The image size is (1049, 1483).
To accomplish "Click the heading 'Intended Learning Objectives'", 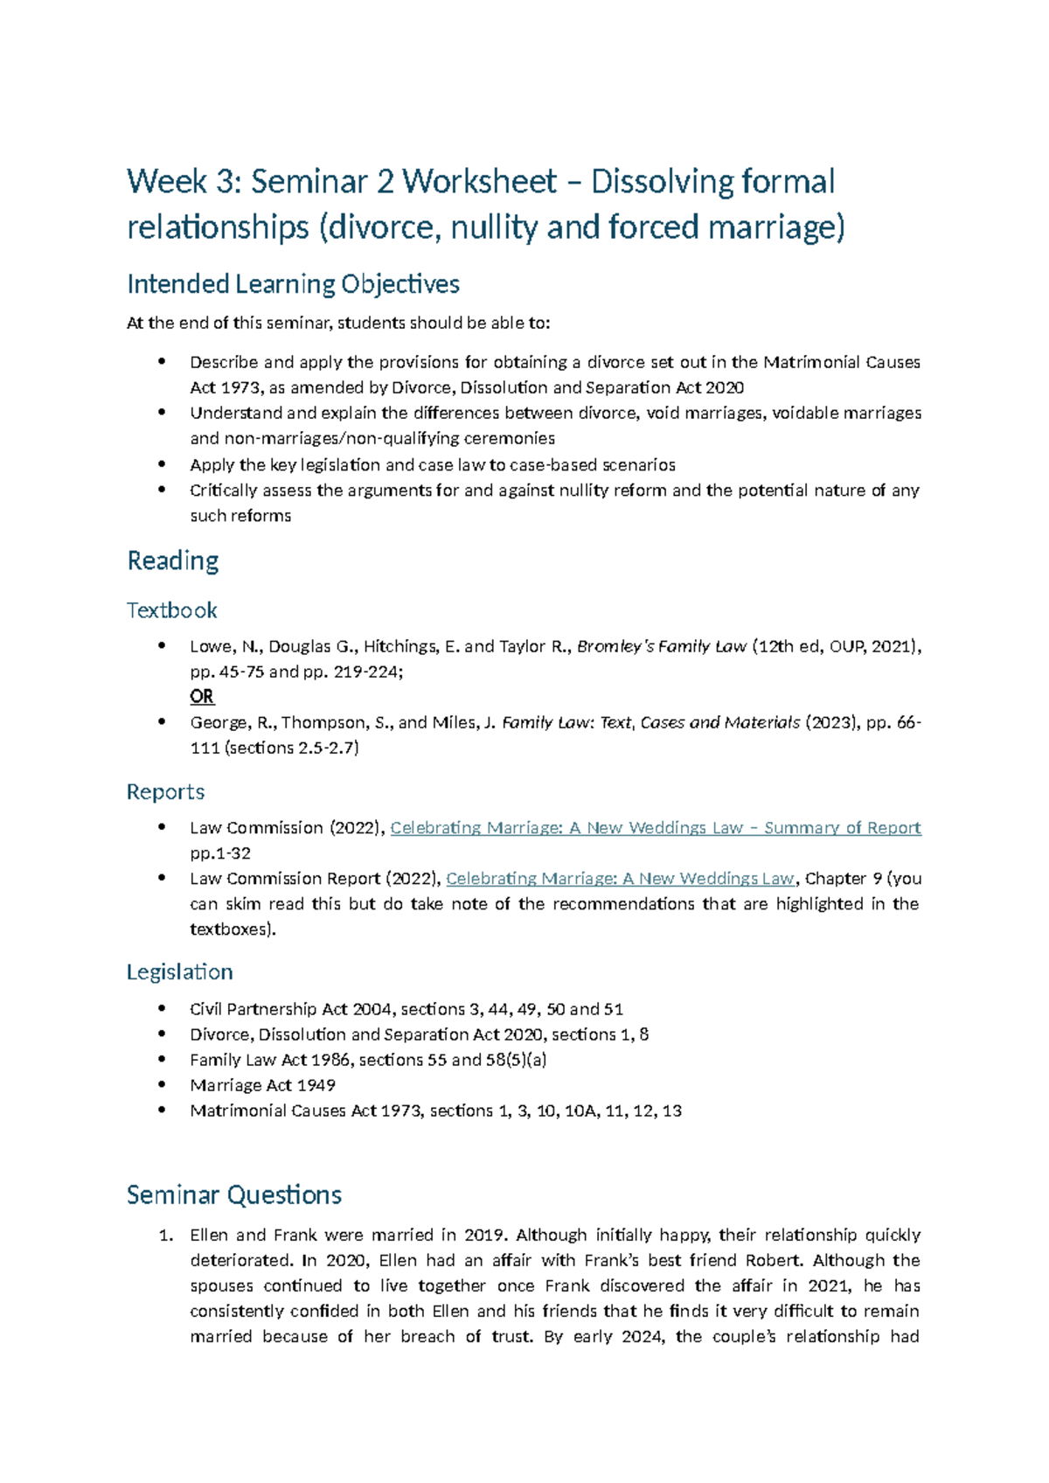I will [x=293, y=284].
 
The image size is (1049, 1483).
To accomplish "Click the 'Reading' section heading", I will [x=172, y=560].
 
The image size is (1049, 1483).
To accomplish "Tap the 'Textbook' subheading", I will [x=171, y=610].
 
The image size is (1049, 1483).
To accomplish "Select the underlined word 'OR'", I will [x=202, y=697].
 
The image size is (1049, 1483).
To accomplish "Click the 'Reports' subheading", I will [x=165, y=792].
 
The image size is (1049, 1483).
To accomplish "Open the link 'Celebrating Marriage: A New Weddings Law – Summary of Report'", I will [x=655, y=828].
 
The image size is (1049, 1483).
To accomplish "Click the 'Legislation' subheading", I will [x=179, y=972].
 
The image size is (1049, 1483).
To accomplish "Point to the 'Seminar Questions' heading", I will [x=233, y=1195].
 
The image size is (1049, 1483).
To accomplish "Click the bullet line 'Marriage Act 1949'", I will [x=262, y=1085].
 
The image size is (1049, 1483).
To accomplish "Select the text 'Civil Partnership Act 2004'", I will [x=292, y=1009].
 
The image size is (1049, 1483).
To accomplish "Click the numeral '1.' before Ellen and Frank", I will [x=166, y=1236].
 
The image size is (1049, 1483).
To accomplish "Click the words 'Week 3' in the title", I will [x=179, y=182].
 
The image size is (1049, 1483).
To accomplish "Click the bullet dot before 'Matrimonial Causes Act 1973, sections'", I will [x=162, y=1110].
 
